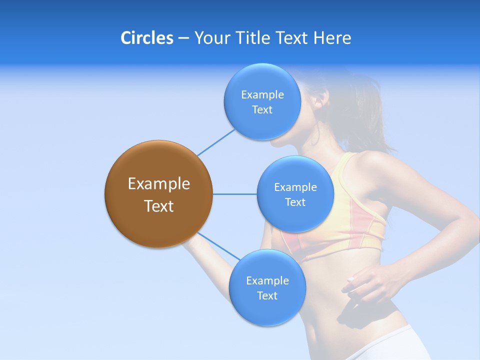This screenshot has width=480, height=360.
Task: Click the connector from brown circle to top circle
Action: pos(216,142)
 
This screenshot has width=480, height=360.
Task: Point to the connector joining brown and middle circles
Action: pos(234,194)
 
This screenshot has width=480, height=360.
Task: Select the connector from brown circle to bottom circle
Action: pos(219,246)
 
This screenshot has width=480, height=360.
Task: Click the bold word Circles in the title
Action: pos(147,38)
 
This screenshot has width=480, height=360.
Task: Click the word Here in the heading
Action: pos(332,38)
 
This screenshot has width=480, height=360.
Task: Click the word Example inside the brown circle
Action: pos(159,184)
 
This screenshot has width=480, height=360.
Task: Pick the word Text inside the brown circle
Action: pos(159,206)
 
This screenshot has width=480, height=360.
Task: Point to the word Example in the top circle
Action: pos(262,95)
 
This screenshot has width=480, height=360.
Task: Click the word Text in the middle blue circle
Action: pos(295,202)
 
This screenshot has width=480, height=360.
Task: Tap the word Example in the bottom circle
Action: pos(267,281)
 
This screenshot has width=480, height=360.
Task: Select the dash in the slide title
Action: pos(183,38)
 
